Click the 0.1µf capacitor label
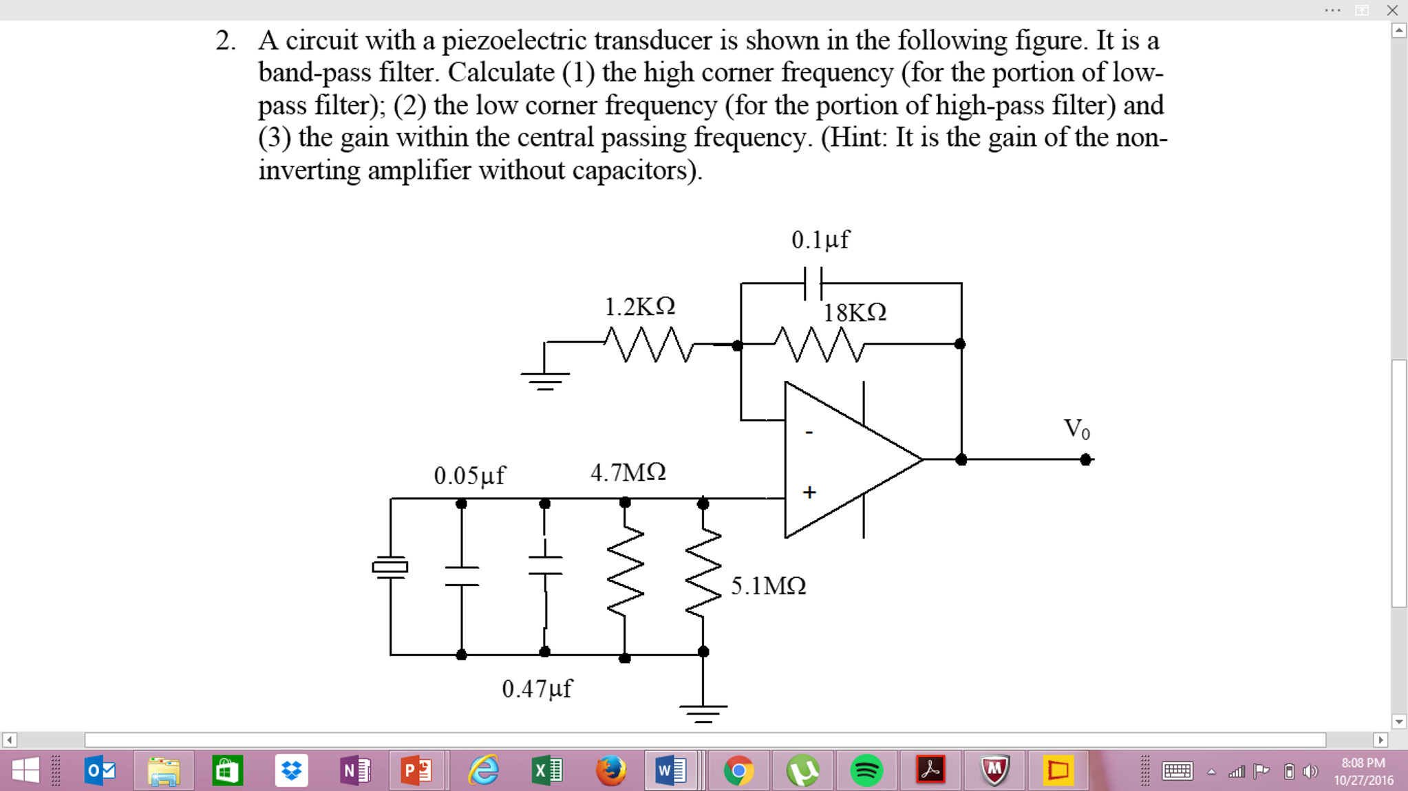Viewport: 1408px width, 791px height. [820, 240]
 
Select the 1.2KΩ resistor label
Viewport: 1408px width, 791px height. [639, 307]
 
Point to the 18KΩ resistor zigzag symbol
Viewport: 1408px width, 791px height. [818, 344]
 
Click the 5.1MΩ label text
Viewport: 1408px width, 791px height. [768, 586]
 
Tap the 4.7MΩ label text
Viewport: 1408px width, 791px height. [628, 473]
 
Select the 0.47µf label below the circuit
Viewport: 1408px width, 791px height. [536, 689]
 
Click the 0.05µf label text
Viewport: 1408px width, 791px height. [469, 475]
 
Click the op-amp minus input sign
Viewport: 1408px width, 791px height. [809, 433]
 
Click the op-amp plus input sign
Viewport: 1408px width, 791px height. [809, 492]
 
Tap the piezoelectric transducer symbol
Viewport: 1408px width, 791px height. [390, 567]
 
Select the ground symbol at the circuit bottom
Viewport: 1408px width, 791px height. [703, 713]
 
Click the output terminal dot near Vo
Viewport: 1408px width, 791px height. [1085, 459]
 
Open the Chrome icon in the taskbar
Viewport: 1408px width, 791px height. [738, 770]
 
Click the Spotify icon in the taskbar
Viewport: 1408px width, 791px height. [866, 770]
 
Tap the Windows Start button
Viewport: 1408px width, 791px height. [25, 770]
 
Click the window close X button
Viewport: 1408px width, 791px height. [1392, 10]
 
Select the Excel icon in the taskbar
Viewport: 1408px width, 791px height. [547, 770]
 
